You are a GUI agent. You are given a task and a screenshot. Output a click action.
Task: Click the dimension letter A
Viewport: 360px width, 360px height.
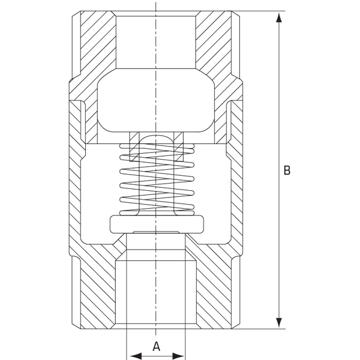point(156,346)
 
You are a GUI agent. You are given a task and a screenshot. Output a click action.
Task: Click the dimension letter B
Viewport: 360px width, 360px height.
point(287,170)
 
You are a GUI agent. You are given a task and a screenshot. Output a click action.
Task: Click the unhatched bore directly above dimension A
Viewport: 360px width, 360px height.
point(156,294)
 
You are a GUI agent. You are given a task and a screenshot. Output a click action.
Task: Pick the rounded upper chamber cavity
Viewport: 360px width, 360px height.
point(156,102)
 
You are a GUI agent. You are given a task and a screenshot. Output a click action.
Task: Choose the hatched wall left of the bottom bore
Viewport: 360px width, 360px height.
point(96,294)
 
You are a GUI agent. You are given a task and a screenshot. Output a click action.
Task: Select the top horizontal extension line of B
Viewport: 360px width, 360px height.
point(258,11)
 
